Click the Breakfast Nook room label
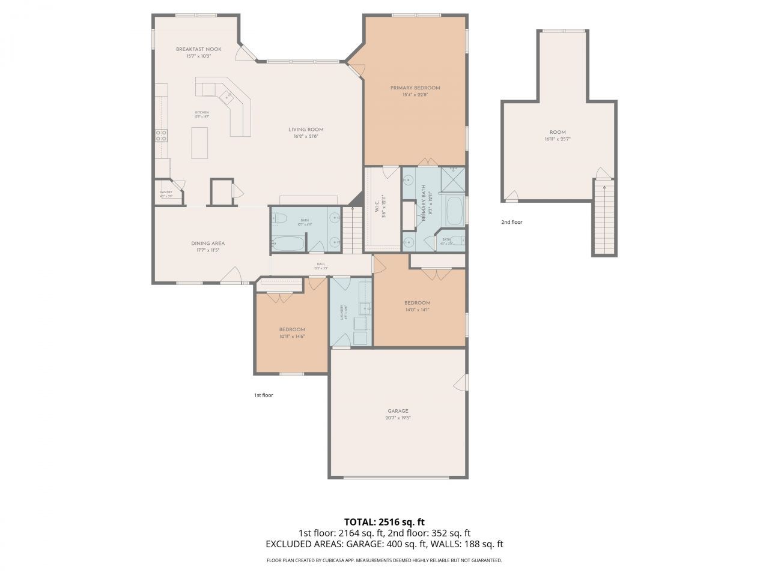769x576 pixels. (198, 49)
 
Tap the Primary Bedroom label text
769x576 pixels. (415, 88)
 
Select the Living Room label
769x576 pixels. (306, 130)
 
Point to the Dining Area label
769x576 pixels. (208, 244)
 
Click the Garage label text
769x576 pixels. (398, 412)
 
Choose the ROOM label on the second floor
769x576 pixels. (557, 133)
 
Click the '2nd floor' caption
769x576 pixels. (512, 222)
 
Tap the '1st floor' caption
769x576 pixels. (263, 395)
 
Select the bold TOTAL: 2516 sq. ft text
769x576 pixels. (384, 521)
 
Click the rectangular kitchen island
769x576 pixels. (199, 143)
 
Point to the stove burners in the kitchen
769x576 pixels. (161, 136)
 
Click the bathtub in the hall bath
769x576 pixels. (288, 244)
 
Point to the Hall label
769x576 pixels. (321, 265)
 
